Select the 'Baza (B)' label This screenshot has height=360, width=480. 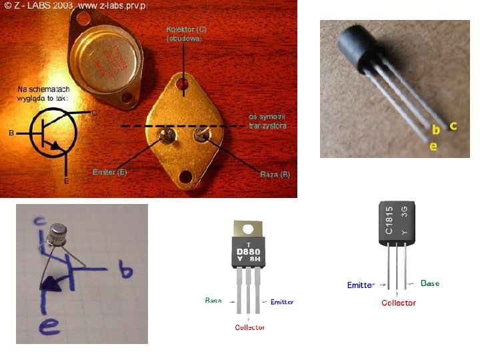274,175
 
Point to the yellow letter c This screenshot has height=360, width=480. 453,125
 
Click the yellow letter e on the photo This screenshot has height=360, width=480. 433,145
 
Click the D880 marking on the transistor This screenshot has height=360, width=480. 249,251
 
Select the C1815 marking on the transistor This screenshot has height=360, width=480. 389,219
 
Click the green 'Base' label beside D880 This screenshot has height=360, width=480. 213,301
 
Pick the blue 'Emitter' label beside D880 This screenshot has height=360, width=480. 282,302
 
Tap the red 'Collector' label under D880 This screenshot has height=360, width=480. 250,327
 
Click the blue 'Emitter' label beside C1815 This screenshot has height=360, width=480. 361,285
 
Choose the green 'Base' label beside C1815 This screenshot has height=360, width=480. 430,283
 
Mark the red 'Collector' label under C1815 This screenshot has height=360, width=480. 399,303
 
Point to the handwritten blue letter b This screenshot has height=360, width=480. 125,271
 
